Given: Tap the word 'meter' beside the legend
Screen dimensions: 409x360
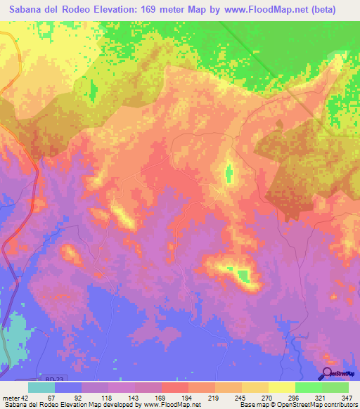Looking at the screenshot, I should (x=11, y=397).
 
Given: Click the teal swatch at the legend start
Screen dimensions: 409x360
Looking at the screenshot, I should (x=41, y=387).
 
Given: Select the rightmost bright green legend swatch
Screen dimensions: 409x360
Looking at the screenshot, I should (x=335, y=387).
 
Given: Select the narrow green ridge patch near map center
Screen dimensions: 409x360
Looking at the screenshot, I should (x=228, y=174).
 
